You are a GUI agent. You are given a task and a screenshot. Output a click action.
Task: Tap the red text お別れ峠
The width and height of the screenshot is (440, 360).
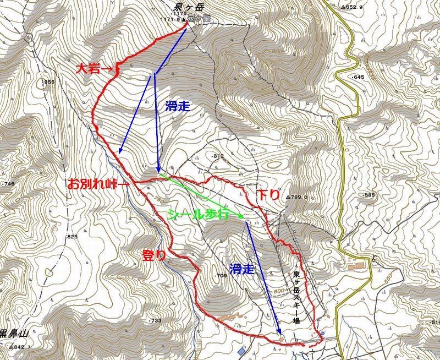tap(91, 184)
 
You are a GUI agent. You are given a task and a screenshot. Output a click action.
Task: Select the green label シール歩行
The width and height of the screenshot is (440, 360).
tap(197, 214)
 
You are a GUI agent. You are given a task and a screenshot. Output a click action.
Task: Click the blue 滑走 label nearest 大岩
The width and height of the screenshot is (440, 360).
tap(177, 106)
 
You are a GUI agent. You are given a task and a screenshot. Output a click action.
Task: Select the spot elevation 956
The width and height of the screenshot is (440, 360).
tap(50, 82)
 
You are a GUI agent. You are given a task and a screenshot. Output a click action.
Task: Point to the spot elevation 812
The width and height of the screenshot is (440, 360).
tap(218, 156)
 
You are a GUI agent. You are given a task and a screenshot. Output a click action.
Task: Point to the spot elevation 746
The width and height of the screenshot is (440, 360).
tap(9, 184)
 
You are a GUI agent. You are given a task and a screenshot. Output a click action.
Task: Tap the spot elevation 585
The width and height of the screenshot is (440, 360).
tap(369, 195)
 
